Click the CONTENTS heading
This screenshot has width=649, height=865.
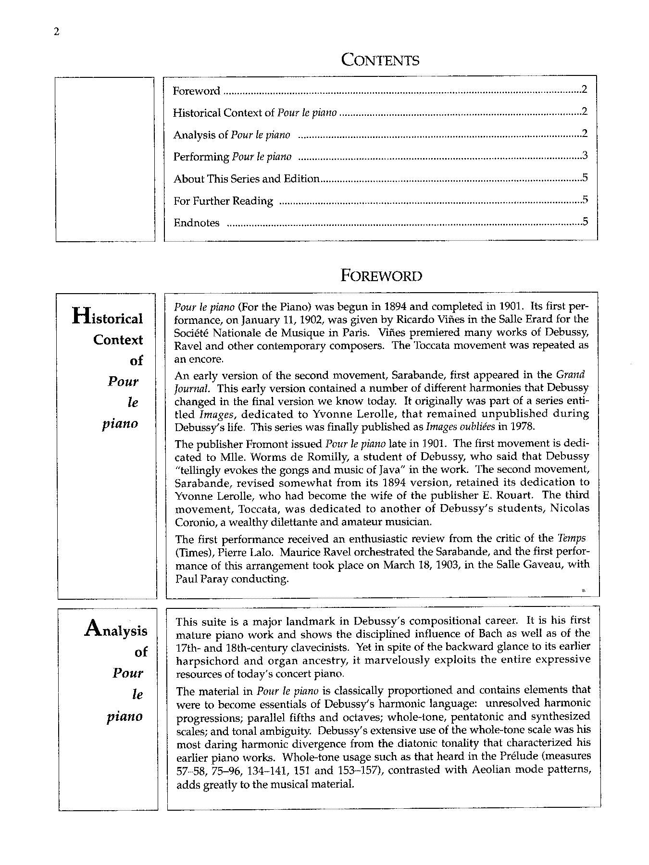380,60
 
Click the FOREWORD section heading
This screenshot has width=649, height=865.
381,276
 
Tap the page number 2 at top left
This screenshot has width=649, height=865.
57,32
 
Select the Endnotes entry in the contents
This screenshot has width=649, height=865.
197,223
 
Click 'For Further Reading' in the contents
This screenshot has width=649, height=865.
223,201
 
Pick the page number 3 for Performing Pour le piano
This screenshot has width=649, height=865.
585,156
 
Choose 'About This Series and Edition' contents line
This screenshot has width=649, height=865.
247,179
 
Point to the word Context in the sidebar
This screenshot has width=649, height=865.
118,340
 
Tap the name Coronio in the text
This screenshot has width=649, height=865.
192,521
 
